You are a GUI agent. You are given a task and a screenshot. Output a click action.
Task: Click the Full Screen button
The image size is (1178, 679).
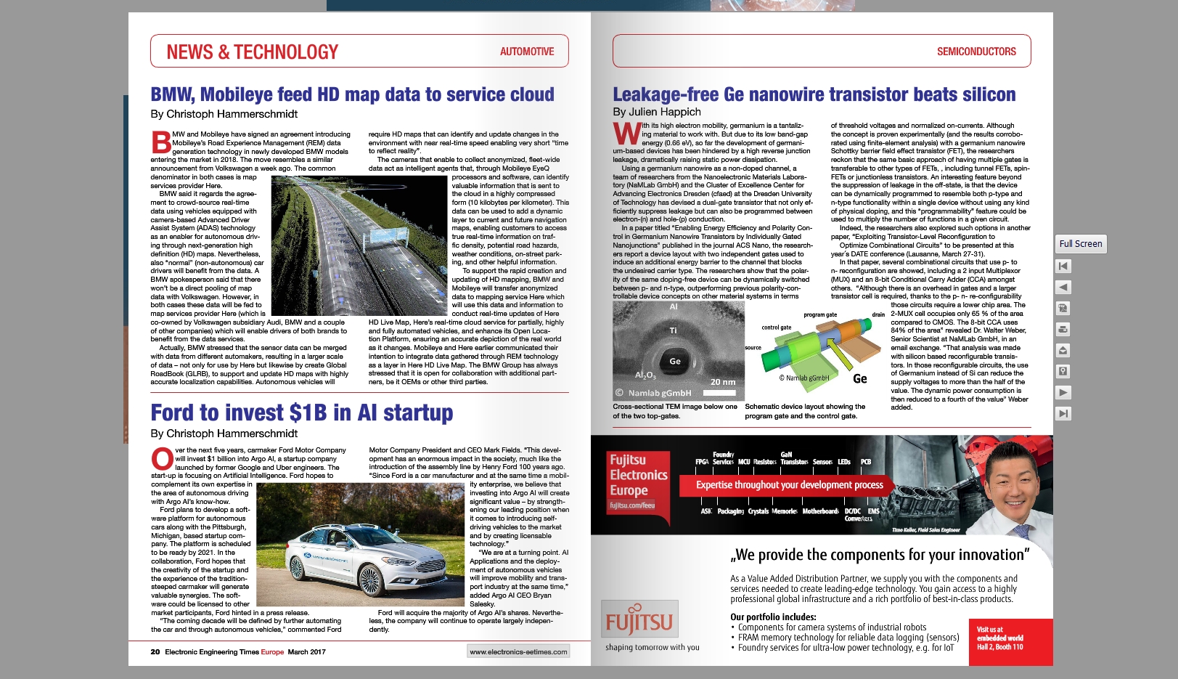(x=1080, y=244)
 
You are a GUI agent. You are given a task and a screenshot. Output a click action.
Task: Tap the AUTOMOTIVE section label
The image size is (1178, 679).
(x=526, y=52)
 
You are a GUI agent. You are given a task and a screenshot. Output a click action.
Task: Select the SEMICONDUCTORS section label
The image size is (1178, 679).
(x=975, y=52)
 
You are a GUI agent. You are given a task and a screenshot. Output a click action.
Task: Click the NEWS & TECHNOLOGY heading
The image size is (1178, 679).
(x=252, y=52)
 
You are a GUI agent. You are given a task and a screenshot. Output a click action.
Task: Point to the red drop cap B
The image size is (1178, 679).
(x=160, y=142)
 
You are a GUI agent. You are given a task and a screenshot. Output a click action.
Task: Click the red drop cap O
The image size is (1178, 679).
(x=162, y=459)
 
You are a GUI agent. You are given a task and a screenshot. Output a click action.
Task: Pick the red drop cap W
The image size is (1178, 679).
(x=626, y=134)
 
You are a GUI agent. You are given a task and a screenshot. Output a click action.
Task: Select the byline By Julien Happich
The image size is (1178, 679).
(x=656, y=112)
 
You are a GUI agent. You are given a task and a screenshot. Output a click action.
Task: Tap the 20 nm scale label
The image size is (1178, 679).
(x=722, y=382)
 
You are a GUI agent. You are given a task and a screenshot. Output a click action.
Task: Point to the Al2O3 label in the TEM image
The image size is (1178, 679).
(x=645, y=375)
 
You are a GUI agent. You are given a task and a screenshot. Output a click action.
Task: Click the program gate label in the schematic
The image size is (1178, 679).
(x=820, y=314)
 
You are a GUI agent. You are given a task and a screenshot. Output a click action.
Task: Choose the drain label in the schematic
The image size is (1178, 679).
(x=878, y=314)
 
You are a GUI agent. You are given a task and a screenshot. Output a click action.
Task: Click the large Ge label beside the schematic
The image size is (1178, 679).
(x=859, y=378)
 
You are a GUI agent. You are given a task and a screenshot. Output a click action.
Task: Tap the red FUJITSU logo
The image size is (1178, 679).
(x=639, y=619)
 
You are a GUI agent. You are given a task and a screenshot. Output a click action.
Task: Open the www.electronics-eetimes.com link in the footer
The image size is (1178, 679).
(x=518, y=651)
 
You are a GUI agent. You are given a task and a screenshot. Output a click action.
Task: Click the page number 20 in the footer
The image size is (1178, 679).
(x=155, y=651)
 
